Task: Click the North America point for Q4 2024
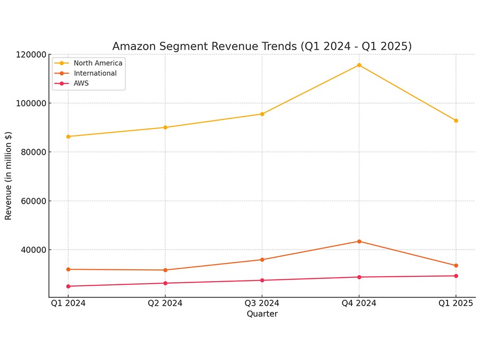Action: pos(359,65)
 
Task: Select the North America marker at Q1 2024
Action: pos(68,137)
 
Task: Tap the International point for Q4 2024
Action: pos(359,242)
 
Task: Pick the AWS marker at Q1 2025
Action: pos(456,276)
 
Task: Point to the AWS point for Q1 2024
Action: pos(68,286)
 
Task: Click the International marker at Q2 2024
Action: pos(165,270)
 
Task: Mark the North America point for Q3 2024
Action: pos(262,114)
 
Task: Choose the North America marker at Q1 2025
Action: pos(456,121)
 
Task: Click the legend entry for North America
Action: pos(88,63)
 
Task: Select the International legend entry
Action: pos(85,73)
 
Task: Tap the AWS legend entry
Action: pos(71,83)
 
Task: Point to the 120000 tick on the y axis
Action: pos(31,55)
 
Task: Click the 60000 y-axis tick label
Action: pos(34,201)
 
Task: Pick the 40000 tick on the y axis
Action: pos(34,250)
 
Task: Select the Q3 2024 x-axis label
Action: pos(262,303)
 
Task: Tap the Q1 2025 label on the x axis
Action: pos(456,303)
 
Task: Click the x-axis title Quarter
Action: pos(262,314)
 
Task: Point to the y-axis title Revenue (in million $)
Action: pos(8,175)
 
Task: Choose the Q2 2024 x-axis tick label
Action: pos(165,303)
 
